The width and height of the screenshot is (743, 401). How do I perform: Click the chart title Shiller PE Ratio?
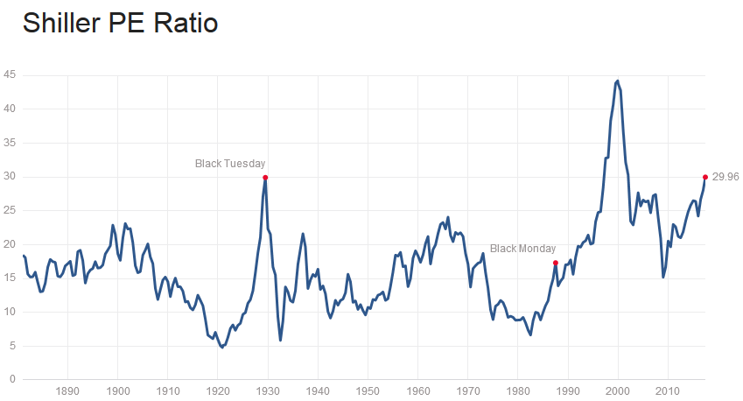[x=120, y=23]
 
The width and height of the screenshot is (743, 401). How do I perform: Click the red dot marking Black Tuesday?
[x=265, y=177]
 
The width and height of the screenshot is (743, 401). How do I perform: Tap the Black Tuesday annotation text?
[x=229, y=163]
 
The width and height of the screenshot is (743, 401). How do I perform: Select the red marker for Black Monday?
[x=556, y=263]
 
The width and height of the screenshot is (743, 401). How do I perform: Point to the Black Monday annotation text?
[x=522, y=249]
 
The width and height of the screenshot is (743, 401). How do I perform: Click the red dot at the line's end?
[x=705, y=177]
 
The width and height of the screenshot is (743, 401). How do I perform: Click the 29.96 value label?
[x=725, y=177]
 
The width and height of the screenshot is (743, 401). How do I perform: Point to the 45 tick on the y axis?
[x=9, y=75]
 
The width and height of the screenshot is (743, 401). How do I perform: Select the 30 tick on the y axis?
[x=9, y=177]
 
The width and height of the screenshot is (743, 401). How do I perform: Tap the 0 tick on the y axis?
[x=11, y=380]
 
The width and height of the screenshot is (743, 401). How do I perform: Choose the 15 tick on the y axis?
[x=9, y=278]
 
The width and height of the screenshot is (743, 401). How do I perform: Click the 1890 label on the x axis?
[x=68, y=390]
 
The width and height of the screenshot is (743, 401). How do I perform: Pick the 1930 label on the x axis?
[x=269, y=390]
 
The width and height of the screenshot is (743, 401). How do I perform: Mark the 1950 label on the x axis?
[x=368, y=390]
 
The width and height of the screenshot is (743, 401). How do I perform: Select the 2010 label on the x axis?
[x=669, y=390]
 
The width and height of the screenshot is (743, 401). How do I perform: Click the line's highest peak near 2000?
[x=618, y=81]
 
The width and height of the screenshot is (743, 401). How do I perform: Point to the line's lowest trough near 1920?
[x=222, y=347]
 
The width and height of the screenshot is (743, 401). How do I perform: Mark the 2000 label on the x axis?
[x=619, y=390]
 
